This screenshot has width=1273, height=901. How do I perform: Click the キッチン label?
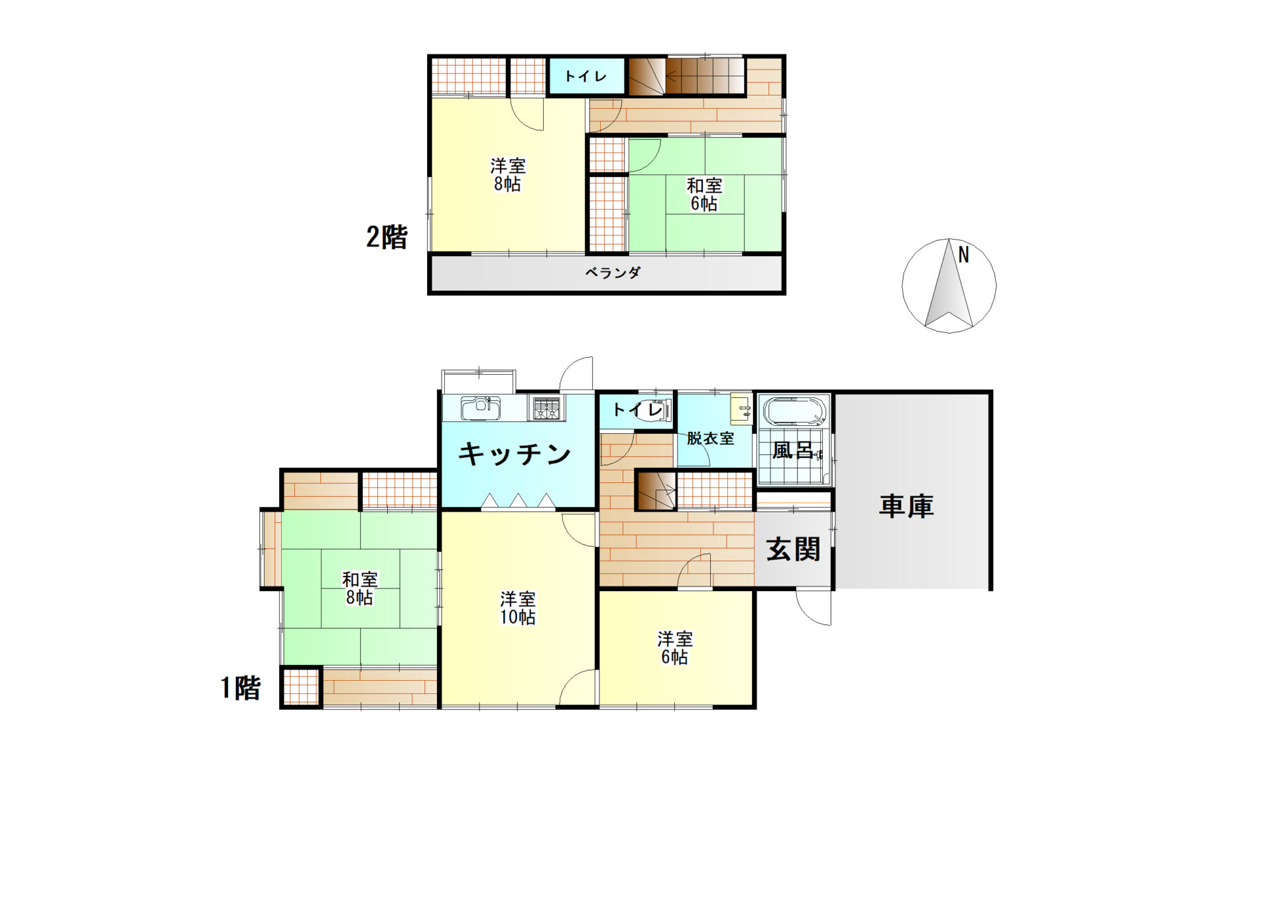[515, 454]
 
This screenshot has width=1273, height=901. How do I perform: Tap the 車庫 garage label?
[906, 506]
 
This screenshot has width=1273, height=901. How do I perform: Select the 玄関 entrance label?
[793, 549]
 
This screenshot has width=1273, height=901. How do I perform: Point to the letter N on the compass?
[963, 254]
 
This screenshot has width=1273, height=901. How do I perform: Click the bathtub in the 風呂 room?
[794, 411]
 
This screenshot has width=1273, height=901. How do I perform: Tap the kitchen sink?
[481, 408]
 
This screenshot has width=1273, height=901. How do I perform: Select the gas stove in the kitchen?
[547, 407]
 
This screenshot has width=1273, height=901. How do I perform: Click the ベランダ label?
[613, 273]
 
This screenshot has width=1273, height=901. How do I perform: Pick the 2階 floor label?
[387, 237]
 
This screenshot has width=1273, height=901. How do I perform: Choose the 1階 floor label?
[241, 688]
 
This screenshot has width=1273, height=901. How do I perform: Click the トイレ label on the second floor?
[585, 76]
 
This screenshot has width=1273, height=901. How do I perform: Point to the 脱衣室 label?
[710, 439]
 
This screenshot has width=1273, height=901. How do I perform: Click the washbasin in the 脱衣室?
[741, 409]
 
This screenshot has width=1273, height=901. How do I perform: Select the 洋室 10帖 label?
[518, 608]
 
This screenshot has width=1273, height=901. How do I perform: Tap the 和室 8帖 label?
[359, 589]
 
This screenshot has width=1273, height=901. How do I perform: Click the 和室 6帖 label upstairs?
[704, 194]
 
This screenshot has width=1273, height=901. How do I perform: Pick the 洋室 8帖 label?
[508, 174]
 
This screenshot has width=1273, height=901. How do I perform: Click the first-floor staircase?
[656, 491]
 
